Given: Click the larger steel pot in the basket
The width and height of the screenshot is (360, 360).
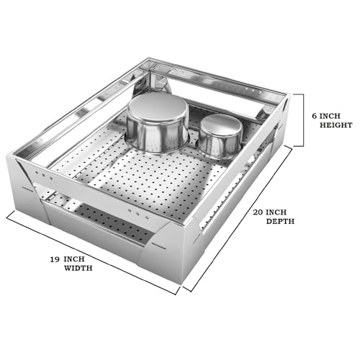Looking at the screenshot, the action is (x=158, y=124).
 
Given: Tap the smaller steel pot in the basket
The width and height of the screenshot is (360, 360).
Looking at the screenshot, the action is (x=220, y=136).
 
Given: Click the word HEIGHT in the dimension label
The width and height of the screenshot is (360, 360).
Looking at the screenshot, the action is (x=336, y=125).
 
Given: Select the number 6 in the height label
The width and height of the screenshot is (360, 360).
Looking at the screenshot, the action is (x=315, y=116).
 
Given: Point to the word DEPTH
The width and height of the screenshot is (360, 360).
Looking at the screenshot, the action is (x=280, y=221).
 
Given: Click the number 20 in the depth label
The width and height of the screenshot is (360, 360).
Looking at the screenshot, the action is (x=258, y=212).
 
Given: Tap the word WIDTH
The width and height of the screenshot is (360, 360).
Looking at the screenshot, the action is (x=78, y=268).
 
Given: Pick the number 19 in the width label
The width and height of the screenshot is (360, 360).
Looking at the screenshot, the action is (x=55, y=259).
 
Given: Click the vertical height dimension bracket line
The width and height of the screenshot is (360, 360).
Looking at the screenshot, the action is (x=303, y=120).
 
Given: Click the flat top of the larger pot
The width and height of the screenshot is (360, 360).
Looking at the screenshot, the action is (x=158, y=107).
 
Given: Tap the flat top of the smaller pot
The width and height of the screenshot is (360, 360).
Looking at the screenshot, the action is (x=221, y=125).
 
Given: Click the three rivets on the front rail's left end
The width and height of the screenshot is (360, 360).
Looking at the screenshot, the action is (x=44, y=175).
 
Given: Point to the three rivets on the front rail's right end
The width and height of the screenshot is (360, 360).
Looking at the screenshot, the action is (x=138, y=214).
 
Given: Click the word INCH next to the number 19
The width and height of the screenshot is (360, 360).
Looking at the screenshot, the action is (x=74, y=259).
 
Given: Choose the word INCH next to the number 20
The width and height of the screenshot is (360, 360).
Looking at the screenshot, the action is (x=276, y=212).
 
